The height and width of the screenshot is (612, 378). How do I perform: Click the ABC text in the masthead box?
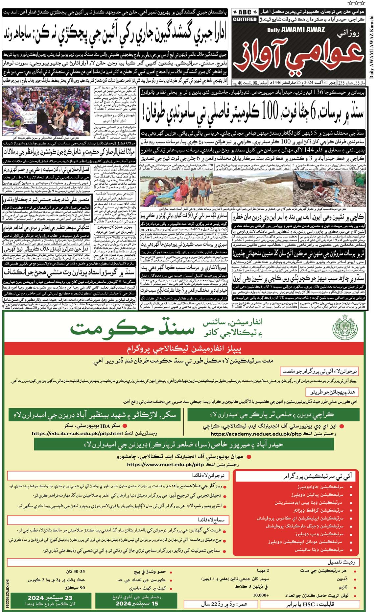click(x=245, y=12)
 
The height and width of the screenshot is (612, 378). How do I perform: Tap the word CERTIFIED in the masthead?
click(x=245, y=19)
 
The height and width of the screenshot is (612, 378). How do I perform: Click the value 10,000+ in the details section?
click(x=261, y=595)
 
